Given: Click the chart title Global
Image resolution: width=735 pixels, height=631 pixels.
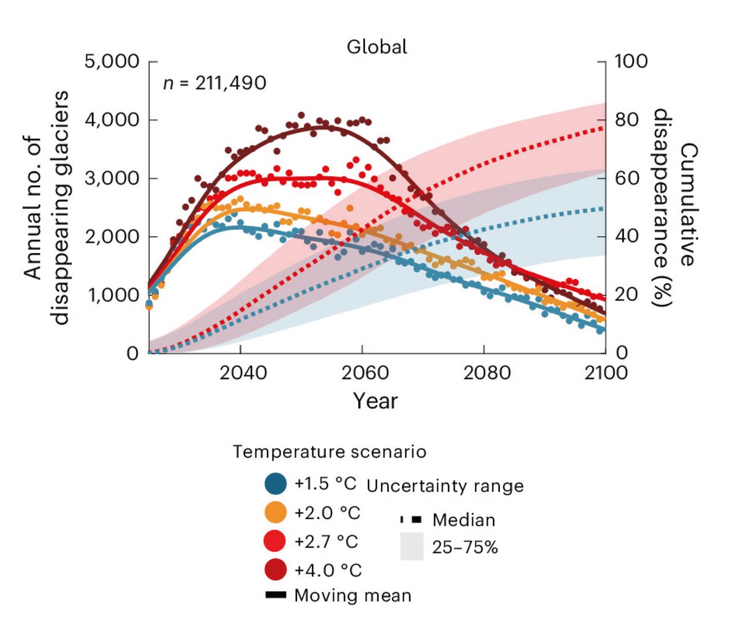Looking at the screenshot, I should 377,47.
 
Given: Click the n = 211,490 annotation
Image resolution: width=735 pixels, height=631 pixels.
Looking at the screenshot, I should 214,83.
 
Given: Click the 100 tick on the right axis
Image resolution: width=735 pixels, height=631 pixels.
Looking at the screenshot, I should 631,61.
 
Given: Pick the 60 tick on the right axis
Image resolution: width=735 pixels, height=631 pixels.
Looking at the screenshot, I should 627,178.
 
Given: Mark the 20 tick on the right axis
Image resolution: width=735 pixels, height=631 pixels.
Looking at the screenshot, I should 627,295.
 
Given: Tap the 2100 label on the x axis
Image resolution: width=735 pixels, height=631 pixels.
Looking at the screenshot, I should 604,372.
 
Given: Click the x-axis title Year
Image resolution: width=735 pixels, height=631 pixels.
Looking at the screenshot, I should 375,401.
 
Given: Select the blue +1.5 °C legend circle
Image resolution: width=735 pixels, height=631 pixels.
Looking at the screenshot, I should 276,483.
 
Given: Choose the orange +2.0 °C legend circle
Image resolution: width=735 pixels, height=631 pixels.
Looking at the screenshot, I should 276,512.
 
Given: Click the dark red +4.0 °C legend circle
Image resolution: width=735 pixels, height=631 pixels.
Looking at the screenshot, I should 276,570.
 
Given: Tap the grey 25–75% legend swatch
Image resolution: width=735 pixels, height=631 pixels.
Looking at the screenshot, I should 412,546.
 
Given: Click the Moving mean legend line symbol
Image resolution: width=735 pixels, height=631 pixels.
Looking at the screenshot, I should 276,595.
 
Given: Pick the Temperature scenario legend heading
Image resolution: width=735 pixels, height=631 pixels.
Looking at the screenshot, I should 330,452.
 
